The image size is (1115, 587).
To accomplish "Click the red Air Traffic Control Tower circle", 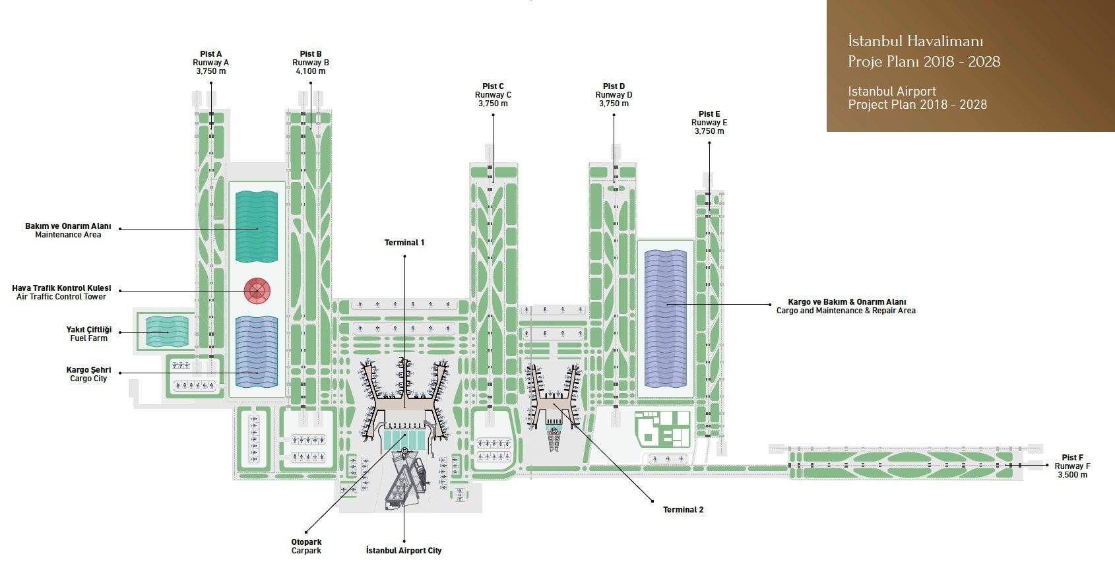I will (x=257, y=290).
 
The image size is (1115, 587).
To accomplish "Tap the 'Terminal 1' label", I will (x=404, y=243).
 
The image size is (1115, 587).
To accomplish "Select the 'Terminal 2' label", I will (x=683, y=510).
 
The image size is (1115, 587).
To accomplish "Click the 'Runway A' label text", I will (x=210, y=63).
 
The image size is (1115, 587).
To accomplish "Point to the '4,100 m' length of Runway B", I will (x=310, y=71).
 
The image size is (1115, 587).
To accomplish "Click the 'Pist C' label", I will (x=493, y=86).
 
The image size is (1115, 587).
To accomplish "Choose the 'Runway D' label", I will (x=614, y=95).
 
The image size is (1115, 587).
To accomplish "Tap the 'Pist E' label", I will (x=709, y=114).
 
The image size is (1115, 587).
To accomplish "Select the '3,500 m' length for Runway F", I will (x=1072, y=475).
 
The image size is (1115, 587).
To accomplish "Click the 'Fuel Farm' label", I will (x=88, y=338).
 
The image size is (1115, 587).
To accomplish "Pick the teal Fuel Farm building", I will (x=167, y=332).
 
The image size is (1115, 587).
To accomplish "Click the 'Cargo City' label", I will (x=88, y=379).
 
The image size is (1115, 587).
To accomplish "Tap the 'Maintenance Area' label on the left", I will (x=68, y=235).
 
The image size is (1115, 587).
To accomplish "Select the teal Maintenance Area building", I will (x=257, y=226).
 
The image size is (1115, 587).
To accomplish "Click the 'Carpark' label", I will (x=306, y=551).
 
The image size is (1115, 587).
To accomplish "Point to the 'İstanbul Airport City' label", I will (x=404, y=551).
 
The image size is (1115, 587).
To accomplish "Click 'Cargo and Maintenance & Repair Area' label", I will (x=846, y=311).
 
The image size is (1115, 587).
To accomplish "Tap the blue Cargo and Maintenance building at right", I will (x=666, y=318).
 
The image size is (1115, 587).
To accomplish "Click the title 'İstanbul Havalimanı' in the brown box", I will (x=915, y=42).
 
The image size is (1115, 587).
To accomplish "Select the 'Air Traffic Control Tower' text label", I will (x=61, y=297).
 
